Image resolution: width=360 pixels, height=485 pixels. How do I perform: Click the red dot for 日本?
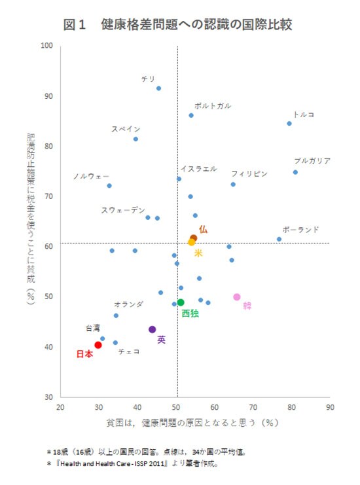[98, 345]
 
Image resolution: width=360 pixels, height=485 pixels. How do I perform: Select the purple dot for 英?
[153, 329]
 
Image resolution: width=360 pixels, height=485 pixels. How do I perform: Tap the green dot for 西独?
[181, 302]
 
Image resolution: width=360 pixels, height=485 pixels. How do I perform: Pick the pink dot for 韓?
[237, 297]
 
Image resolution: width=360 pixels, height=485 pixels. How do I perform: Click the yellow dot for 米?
[192, 242]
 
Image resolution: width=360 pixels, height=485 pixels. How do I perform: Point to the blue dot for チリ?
[158, 88]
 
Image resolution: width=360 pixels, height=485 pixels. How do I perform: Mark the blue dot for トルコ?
[289, 123]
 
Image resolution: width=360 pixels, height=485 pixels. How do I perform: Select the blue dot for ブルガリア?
[295, 172]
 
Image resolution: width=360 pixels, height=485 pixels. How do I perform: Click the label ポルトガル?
[213, 105]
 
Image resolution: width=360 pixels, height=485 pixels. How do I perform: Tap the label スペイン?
[125, 129]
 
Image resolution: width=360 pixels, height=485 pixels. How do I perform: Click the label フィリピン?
[249, 173]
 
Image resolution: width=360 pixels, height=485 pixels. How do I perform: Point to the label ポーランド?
[300, 229]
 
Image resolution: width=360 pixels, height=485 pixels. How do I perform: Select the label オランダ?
[128, 304]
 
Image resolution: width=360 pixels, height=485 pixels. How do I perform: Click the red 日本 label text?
[84, 354]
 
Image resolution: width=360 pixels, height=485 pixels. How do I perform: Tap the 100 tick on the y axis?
[46, 45]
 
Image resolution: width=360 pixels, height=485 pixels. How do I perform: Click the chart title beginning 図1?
[177, 25]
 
